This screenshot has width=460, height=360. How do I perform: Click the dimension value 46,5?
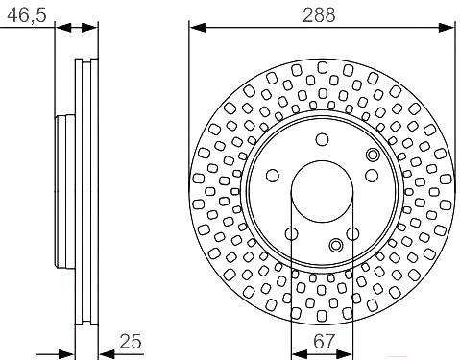click(27, 15)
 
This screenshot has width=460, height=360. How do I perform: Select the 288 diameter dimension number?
click(319, 15)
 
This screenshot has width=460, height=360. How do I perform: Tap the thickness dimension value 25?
click(131, 342)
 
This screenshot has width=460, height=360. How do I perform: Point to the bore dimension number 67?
click(324, 342)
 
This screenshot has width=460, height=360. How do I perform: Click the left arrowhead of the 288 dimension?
click(197, 28)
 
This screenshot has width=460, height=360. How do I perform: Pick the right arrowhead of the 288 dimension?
click(446, 28)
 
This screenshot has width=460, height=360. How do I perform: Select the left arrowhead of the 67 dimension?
click(300, 354)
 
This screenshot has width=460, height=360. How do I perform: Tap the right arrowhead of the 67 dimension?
click(345, 354)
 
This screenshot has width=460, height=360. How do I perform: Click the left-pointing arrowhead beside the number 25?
click(107, 354)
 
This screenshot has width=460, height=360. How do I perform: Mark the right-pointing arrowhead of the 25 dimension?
click(67, 354)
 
